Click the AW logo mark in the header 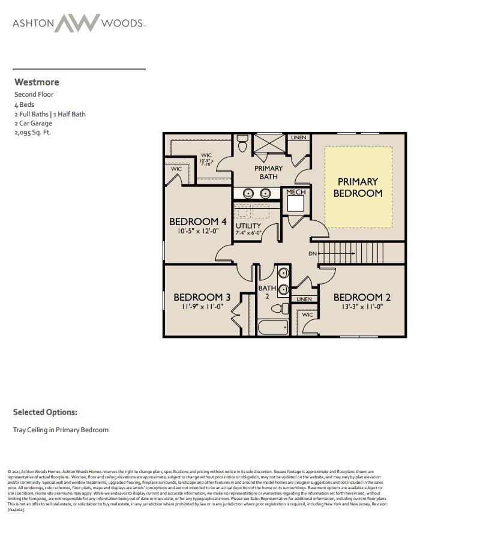pos(78,23)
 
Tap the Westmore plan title pos(36,82)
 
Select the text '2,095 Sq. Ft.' pos(32,133)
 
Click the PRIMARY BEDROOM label pos(358,187)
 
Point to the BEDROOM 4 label pos(197,222)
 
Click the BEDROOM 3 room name pos(202,297)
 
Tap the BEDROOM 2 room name pos(362,297)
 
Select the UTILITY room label pos(248,226)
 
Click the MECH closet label pos(296,192)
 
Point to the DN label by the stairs pos(312,254)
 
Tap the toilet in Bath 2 pos(280,309)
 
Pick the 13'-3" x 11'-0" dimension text pos(362,307)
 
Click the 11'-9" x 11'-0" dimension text pos(202,307)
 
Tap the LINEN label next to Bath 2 pos(304,299)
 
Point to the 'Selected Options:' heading pos(45,412)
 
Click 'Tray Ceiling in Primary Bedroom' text pos(61,430)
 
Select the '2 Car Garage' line pos(33,123)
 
